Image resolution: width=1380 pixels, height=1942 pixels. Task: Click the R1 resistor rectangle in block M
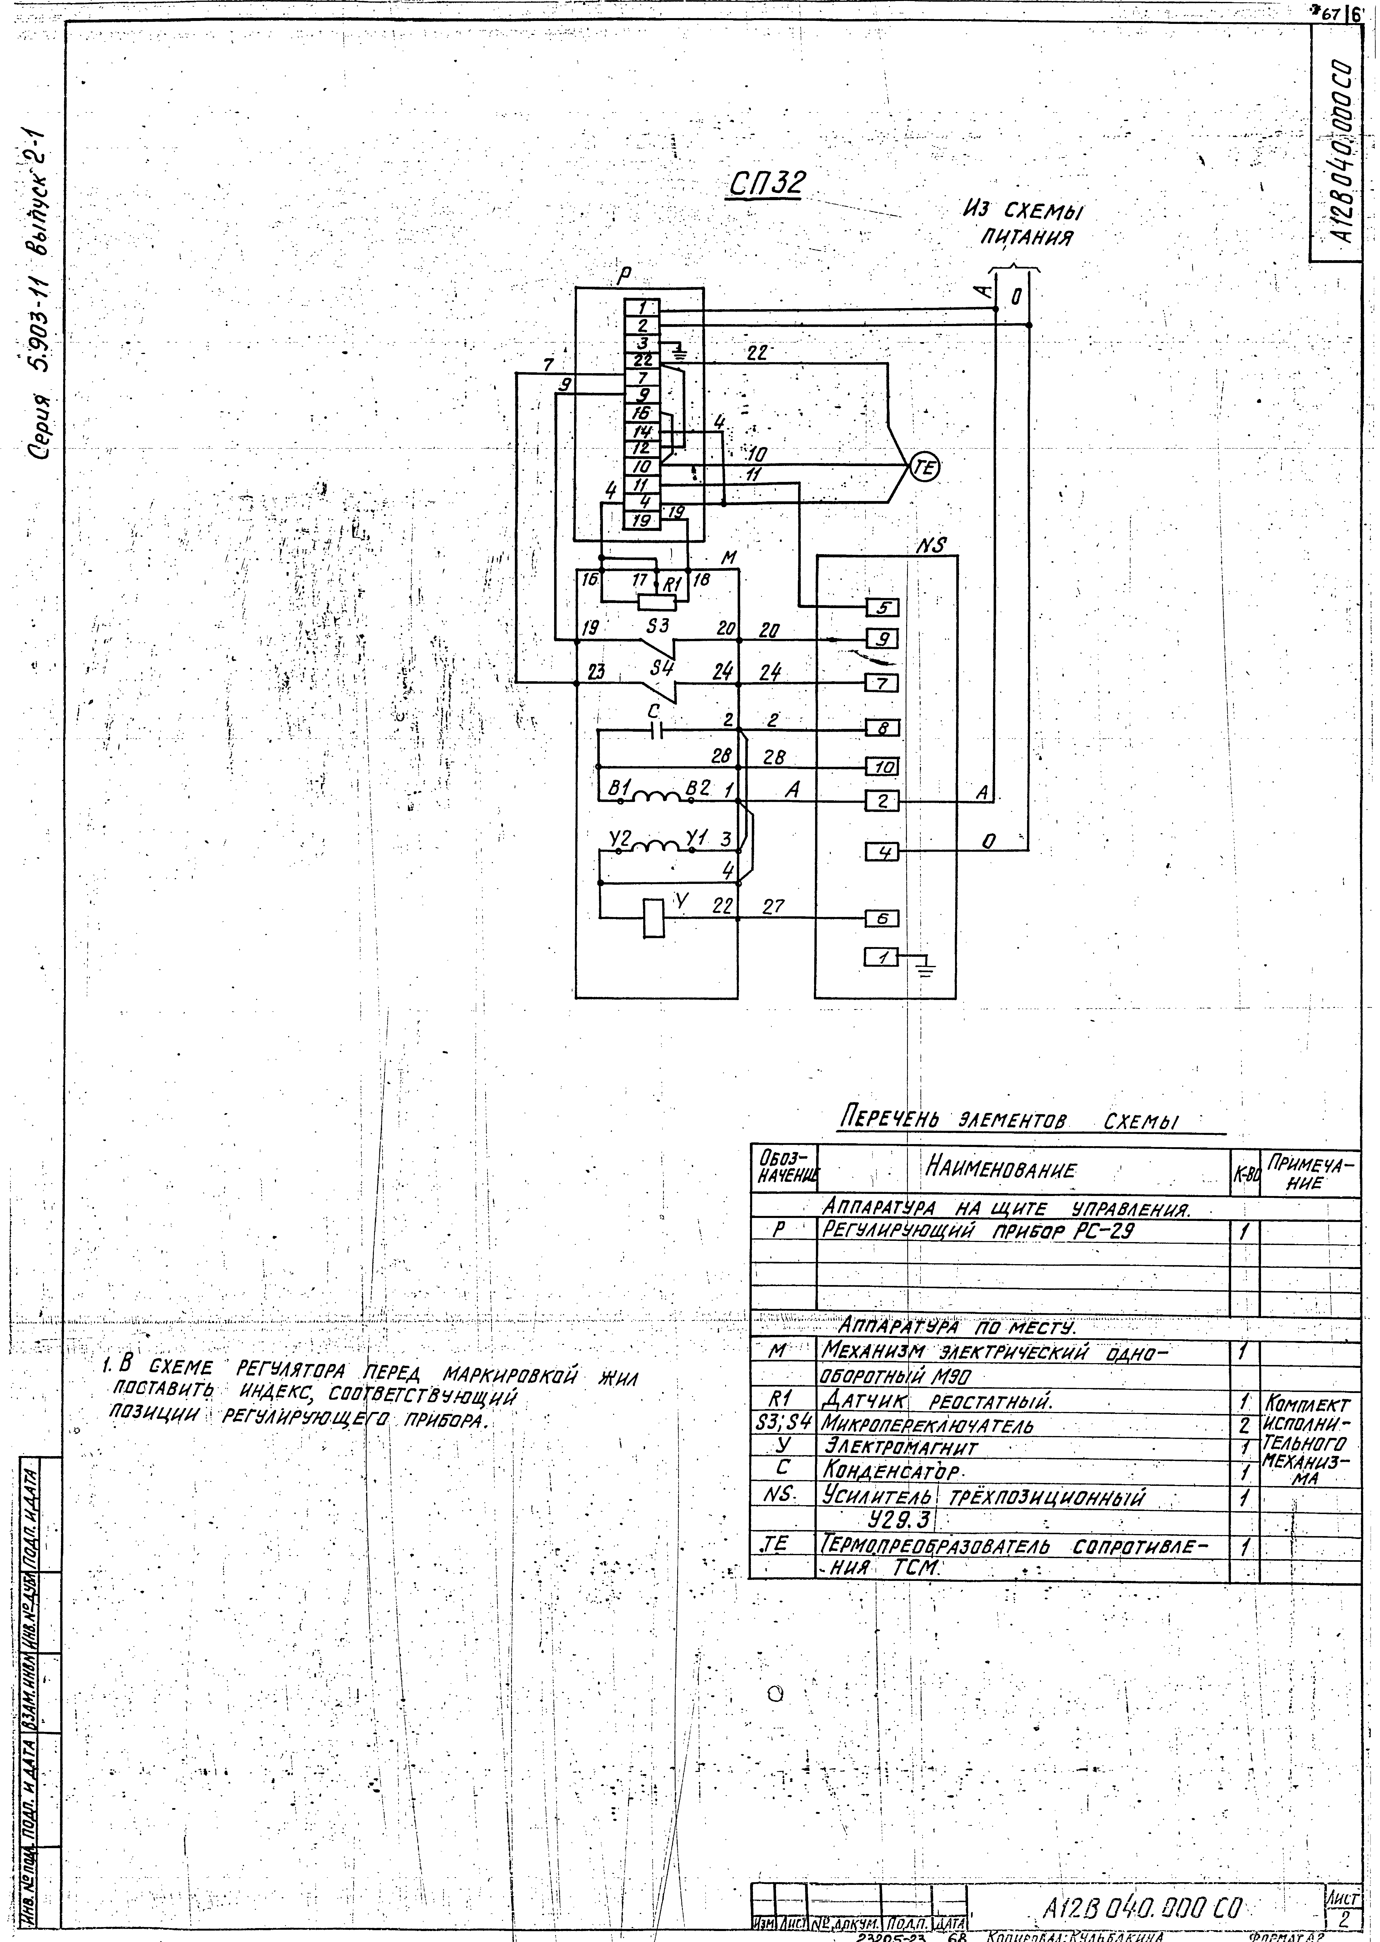coord(656,602)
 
